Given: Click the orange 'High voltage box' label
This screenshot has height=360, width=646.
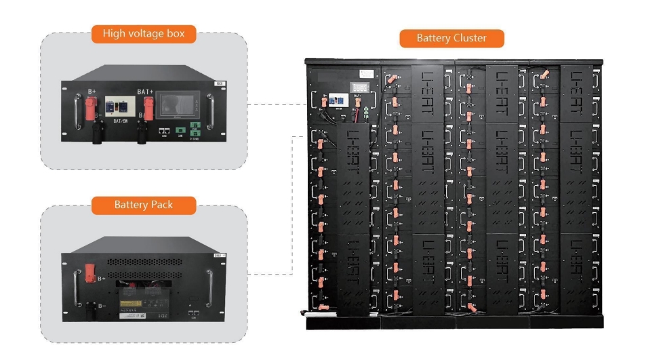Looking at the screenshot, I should click(144, 33).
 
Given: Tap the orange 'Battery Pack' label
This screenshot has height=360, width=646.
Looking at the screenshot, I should click(144, 205).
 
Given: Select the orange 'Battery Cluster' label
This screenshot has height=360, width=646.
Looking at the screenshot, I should click(451, 38).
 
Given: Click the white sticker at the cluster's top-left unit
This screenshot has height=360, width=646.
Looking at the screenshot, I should click(367, 72).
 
